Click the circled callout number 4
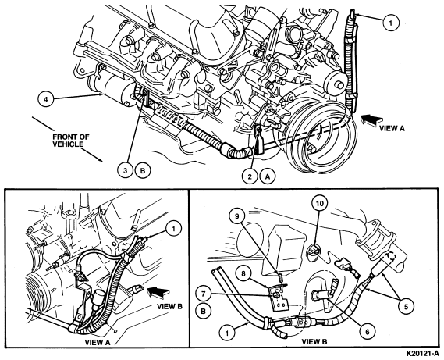[x=46, y=99]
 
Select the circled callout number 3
[x=126, y=170]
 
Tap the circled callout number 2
[x=250, y=176]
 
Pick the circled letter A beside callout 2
[x=268, y=176]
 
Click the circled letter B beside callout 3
[x=143, y=170]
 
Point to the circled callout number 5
[x=407, y=306]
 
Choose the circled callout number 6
[x=368, y=331]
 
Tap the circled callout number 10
[x=320, y=203]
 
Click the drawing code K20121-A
[x=422, y=354]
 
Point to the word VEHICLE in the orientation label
[x=68, y=144]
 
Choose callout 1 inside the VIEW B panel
[x=227, y=332]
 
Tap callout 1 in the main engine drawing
[x=391, y=23]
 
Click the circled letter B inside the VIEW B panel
[x=204, y=311]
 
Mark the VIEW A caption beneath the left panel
[x=98, y=342]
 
